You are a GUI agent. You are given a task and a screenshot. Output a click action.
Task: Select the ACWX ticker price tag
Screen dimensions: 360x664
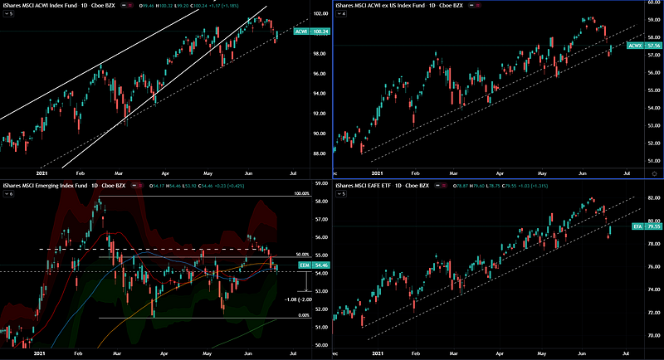(634, 46)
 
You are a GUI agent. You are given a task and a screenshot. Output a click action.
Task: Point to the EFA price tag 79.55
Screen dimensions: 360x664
(635, 226)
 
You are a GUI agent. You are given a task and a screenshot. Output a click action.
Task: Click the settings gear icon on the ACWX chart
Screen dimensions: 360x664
(655, 173)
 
